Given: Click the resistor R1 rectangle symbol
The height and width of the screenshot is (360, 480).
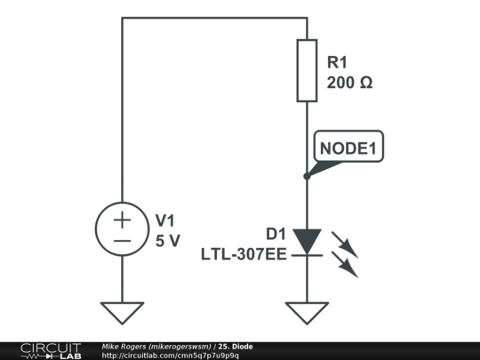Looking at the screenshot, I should (x=307, y=70).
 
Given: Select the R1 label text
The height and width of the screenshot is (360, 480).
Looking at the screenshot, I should (x=339, y=63).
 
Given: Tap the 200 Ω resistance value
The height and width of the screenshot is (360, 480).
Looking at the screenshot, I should (x=349, y=83).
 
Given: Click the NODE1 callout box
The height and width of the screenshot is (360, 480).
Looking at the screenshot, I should (x=350, y=148).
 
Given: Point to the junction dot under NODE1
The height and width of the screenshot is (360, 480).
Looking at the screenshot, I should (x=307, y=176).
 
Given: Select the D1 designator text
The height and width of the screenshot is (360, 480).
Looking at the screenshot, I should (x=276, y=235).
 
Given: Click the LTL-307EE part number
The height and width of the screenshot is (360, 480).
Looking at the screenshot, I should (x=243, y=254).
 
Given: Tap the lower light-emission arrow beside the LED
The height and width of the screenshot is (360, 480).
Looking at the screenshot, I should (x=345, y=264).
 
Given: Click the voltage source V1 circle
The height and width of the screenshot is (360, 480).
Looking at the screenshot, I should (x=122, y=229).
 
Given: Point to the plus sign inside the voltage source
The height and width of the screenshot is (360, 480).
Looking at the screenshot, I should (x=122, y=220).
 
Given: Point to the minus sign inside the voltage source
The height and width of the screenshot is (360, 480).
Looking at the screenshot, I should (x=122, y=240).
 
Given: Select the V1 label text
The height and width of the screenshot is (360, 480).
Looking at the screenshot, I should (x=167, y=220).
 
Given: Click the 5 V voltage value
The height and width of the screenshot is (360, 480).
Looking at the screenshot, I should (x=167, y=240).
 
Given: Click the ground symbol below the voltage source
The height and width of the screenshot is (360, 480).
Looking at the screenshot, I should (x=122, y=312).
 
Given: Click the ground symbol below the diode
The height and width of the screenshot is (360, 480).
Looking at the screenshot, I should (x=307, y=312).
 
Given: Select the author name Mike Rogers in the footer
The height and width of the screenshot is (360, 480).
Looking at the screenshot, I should (x=124, y=346).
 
